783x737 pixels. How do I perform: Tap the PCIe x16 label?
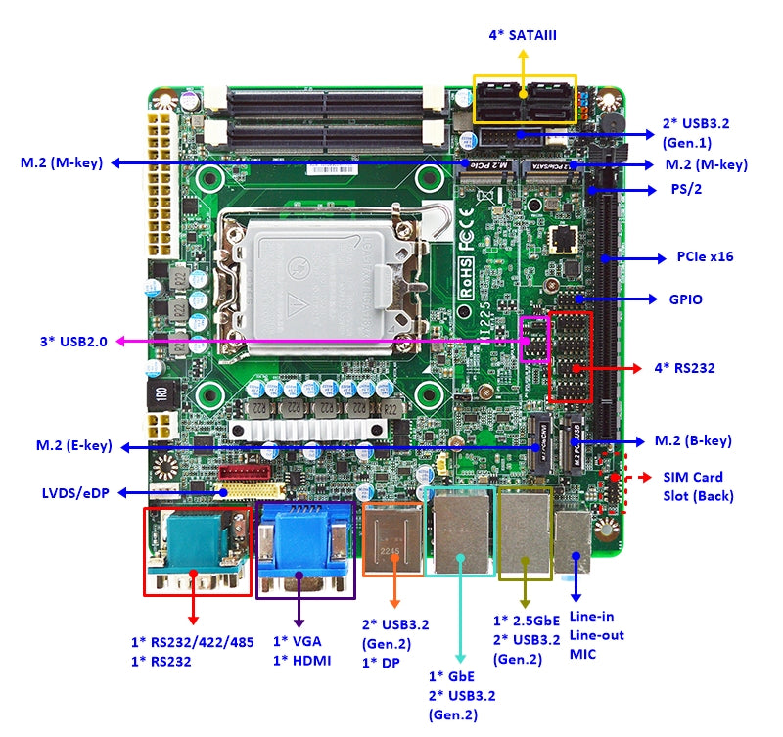pyautogui.click(x=705, y=257)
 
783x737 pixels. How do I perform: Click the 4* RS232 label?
pyautogui.click(x=684, y=369)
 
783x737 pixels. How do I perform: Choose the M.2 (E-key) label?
pyautogui.click(x=74, y=446)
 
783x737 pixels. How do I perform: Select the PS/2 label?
pyautogui.click(x=684, y=189)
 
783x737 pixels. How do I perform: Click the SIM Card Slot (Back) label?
pyautogui.click(x=697, y=486)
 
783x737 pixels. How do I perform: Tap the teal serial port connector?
pyautogui.click(x=196, y=548)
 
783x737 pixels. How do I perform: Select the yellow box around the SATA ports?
pyautogui.click(x=525, y=99)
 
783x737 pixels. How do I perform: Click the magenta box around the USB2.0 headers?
pyautogui.click(x=533, y=339)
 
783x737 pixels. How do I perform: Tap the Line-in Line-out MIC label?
pyautogui.click(x=592, y=635)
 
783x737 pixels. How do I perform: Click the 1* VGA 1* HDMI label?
pyautogui.click(x=301, y=651)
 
